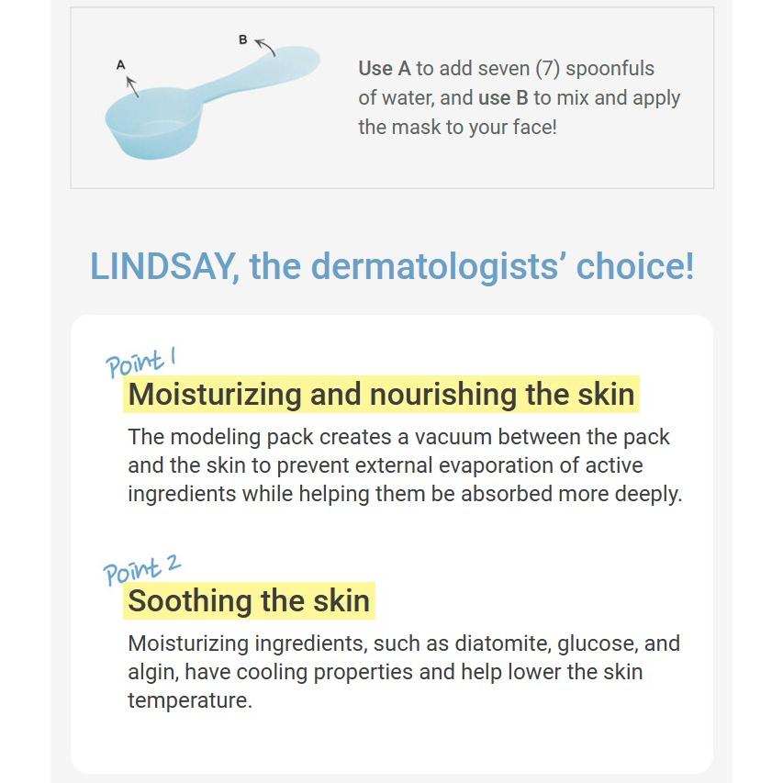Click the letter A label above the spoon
[121, 65]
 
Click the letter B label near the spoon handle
[242, 39]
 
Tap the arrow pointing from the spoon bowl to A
[132, 86]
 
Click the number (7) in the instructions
[546, 69]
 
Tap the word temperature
[190, 700]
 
